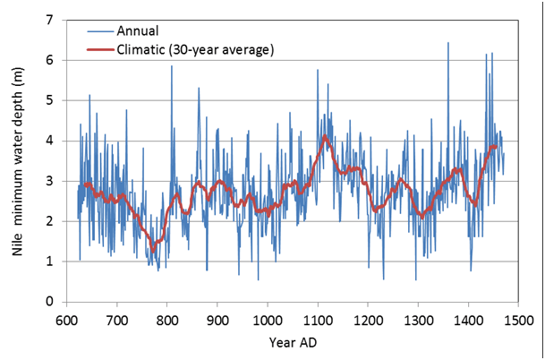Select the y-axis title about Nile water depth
point(19,161)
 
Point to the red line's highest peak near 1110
point(325,136)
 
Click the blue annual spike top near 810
point(172,66)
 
